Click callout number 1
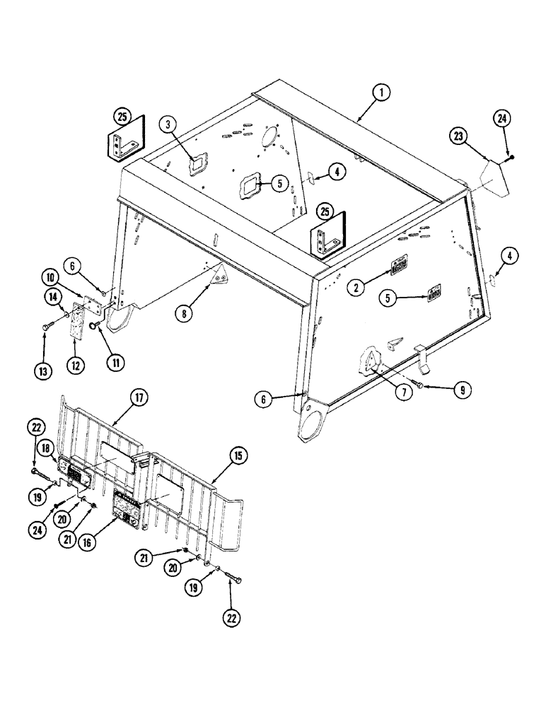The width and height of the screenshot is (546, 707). [381, 92]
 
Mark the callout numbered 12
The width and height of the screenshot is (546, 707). [75, 365]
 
